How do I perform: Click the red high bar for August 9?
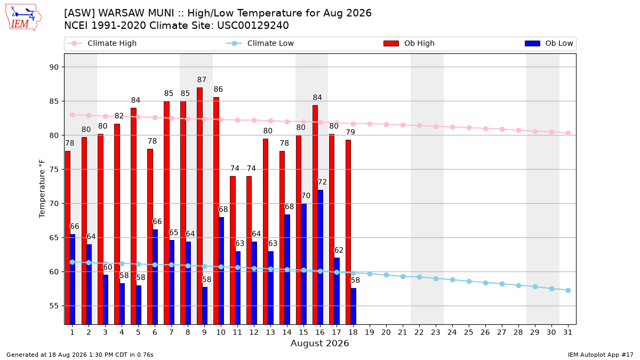click(199, 206)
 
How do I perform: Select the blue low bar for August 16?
click(321, 257)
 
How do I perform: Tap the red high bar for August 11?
click(233, 250)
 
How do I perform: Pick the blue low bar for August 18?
click(354, 306)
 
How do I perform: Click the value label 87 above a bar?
click(202, 79)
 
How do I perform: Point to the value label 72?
click(322, 182)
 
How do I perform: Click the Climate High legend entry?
click(101, 43)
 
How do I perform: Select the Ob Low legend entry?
click(549, 43)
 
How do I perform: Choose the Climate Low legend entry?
click(260, 43)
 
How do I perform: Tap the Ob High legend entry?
click(409, 43)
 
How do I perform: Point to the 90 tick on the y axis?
click(54, 67)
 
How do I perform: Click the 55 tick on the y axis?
click(54, 306)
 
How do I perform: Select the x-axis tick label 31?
click(567, 332)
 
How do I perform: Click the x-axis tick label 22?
click(419, 332)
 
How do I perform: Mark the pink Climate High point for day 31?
click(569, 133)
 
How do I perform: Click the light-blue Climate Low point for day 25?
click(469, 282)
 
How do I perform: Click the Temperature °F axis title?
click(42, 189)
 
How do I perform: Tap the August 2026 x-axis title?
click(319, 343)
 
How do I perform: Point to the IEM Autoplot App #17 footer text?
click(601, 355)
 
